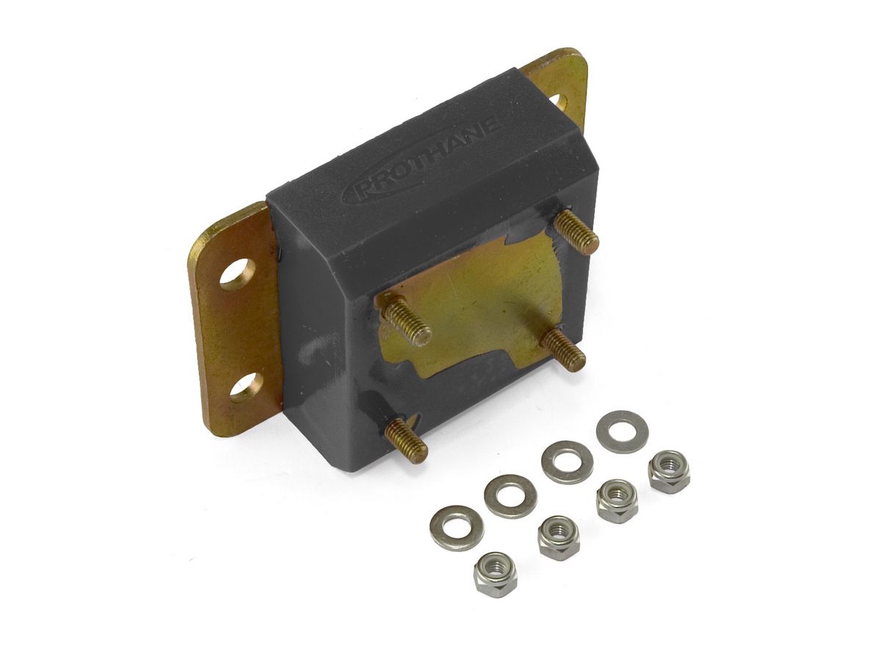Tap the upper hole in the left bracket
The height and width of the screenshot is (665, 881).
[x=239, y=275]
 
